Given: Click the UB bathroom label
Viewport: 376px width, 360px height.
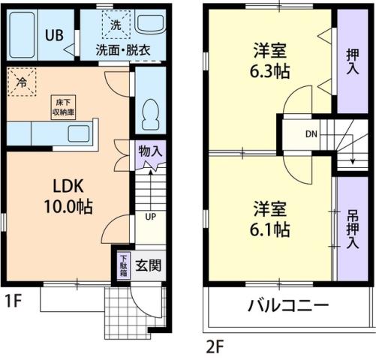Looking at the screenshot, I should point(53,34).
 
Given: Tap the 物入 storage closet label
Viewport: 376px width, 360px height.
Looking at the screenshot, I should point(150,150).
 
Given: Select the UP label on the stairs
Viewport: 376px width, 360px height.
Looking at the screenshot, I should point(151,218).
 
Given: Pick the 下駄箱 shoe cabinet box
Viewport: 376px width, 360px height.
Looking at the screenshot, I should point(123,266).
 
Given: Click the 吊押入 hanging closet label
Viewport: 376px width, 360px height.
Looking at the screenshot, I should point(353,225).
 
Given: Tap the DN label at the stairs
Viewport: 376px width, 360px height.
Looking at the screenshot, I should point(311,135).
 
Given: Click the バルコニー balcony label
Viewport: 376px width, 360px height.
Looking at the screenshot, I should point(289,306).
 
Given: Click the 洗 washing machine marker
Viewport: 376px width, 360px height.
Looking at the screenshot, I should point(116,24).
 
